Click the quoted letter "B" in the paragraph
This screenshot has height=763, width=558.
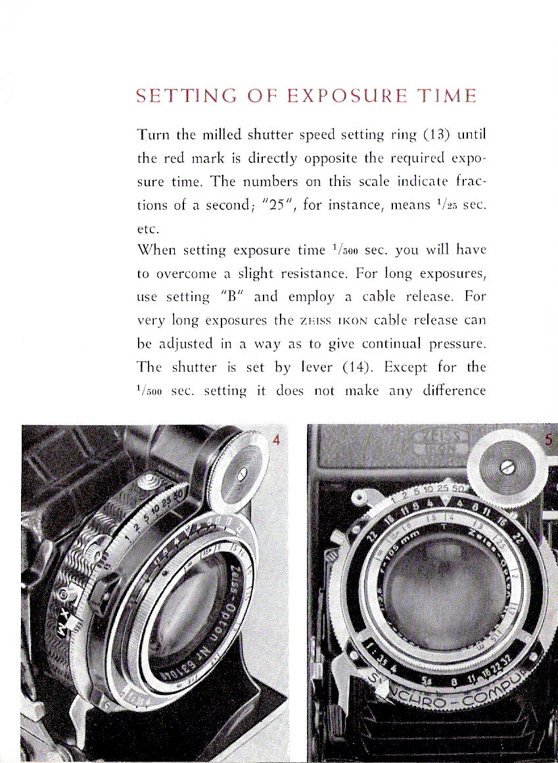click(x=233, y=296)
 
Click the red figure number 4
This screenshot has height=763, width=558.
click(x=276, y=440)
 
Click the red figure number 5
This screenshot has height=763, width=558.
click(x=549, y=440)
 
